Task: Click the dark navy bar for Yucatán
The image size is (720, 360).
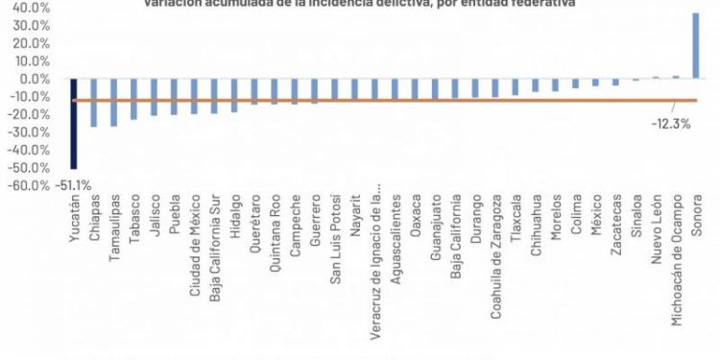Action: (x=74, y=123)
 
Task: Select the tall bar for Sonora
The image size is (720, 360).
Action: (x=696, y=45)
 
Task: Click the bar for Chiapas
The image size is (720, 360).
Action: (x=94, y=103)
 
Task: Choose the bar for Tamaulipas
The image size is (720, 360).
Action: (x=113, y=103)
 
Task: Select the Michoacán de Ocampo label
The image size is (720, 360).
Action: (x=677, y=259)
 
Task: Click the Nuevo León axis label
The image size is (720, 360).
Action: (x=657, y=231)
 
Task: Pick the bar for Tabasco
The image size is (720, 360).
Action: (x=134, y=99)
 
